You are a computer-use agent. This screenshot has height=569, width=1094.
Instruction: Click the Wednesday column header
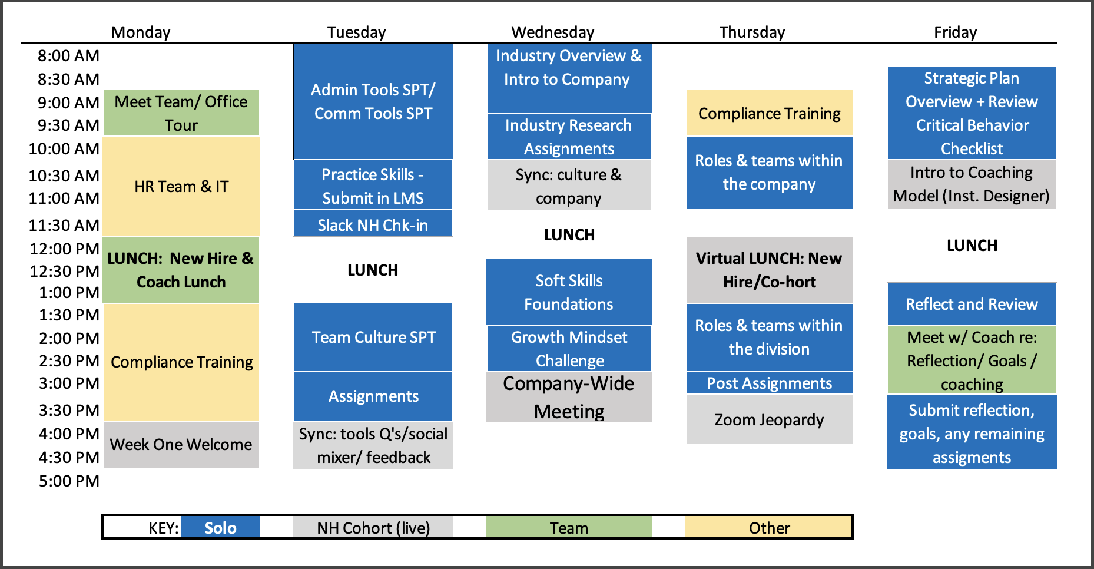pyautogui.click(x=552, y=32)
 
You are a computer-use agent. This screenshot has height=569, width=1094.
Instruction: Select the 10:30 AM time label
pyautogui.click(x=64, y=176)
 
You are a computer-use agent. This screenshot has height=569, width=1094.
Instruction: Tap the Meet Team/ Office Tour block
pyautogui.click(x=181, y=113)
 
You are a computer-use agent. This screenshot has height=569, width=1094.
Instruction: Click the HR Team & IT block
pyautogui.click(x=181, y=186)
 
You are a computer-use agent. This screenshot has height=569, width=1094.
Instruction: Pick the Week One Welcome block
pyautogui.click(x=181, y=445)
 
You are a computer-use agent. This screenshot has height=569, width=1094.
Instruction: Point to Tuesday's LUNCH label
pyautogui.click(x=373, y=270)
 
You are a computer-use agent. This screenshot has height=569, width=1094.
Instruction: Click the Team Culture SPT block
pyautogui.click(x=373, y=337)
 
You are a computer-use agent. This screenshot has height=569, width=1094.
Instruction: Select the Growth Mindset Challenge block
pyautogui.click(x=569, y=349)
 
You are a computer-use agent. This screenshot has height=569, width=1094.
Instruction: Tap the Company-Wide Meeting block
pyautogui.click(x=569, y=397)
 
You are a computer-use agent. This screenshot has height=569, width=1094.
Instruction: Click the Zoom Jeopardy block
pyautogui.click(x=770, y=419)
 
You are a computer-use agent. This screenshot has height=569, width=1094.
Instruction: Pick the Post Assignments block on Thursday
pyautogui.click(x=770, y=383)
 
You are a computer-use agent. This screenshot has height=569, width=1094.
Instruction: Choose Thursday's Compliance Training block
pyautogui.click(x=770, y=113)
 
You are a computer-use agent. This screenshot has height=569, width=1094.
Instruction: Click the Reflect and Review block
pyautogui.click(x=972, y=304)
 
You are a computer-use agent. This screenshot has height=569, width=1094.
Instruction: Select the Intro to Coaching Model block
pyautogui.click(x=972, y=184)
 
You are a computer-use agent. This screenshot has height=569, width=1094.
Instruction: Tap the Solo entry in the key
pyautogui.click(x=221, y=527)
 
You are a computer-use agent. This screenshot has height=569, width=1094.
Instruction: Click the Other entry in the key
pyautogui.click(x=769, y=527)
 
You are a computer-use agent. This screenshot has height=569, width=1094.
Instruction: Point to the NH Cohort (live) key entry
pyautogui.click(x=373, y=527)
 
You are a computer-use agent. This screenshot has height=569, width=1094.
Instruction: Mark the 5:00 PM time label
pyautogui.click(x=69, y=481)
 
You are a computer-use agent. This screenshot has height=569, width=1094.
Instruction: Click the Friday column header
pyautogui.click(x=955, y=32)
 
